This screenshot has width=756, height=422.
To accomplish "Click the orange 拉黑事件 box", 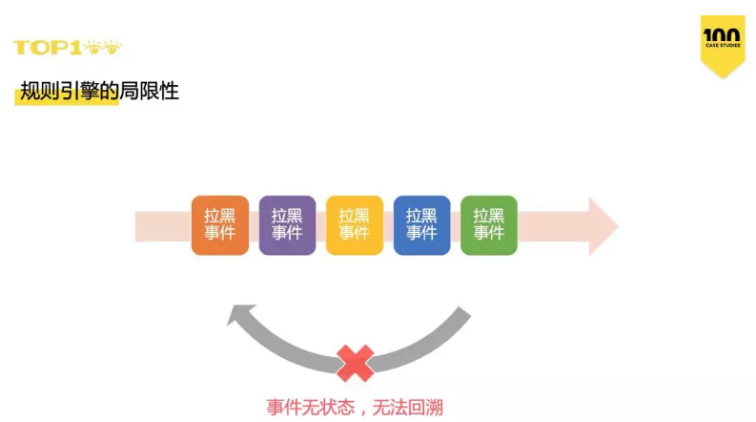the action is click(219, 225).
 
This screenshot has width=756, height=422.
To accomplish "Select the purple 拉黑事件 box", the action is click(287, 225).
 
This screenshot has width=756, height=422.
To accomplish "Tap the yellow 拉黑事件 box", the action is click(354, 225).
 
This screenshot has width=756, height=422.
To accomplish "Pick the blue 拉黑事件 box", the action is click(421, 225).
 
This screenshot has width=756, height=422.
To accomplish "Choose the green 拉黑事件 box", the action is click(488, 225).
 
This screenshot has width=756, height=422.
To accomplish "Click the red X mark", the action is click(355, 363).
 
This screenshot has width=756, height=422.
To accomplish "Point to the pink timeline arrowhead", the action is click(603, 226).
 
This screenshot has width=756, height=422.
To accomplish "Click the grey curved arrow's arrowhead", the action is click(243, 319).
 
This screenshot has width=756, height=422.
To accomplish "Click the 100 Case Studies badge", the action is click(722, 44).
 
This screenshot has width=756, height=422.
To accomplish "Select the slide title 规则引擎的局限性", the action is click(99, 92).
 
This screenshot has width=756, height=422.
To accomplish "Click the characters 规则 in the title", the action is click(35, 92).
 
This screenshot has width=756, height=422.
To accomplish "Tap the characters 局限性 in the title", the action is click(155, 92).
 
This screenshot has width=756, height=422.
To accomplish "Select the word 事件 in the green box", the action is click(488, 234).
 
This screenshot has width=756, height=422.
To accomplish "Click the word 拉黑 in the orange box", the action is click(219, 216).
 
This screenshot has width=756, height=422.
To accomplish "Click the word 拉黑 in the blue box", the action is click(421, 216).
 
